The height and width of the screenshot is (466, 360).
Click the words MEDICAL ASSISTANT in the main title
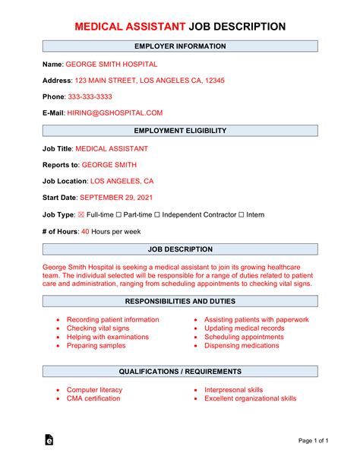(130, 27)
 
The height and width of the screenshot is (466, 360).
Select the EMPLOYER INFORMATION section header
(180, 46)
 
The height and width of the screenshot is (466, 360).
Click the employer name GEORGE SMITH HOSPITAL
(111, 65)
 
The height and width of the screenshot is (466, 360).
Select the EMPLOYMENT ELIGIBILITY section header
(180, 131)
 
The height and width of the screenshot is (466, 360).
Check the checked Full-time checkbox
(82, 215)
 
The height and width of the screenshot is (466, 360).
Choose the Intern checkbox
(242, 215)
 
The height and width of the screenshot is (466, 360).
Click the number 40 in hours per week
(85, 232)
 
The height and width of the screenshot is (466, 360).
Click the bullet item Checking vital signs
(98, 328)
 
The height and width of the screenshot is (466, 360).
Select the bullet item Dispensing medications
(242, 345)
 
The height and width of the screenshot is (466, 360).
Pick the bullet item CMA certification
(94, 398)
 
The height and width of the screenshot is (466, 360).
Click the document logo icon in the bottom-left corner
(48, 439)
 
